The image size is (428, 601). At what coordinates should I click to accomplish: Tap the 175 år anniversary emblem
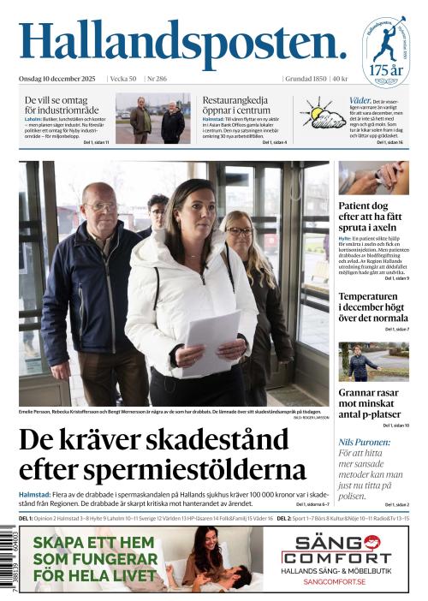click(384, 51)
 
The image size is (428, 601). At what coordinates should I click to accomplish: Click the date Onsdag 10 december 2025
click(57, 79)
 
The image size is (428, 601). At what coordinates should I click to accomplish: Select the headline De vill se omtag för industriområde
click(61, 105)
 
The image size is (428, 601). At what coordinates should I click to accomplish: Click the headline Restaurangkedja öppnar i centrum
click(243, 105)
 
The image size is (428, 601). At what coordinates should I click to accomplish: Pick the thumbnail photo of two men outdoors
click(152, 119)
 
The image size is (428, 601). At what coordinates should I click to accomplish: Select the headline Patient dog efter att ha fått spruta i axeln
click(372, 217)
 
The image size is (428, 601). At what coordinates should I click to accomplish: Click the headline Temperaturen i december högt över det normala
click(372, 306)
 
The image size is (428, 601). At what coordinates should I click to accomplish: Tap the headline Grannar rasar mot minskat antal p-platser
click(372, 403)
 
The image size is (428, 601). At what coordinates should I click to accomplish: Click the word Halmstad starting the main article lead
click(36, 495)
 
